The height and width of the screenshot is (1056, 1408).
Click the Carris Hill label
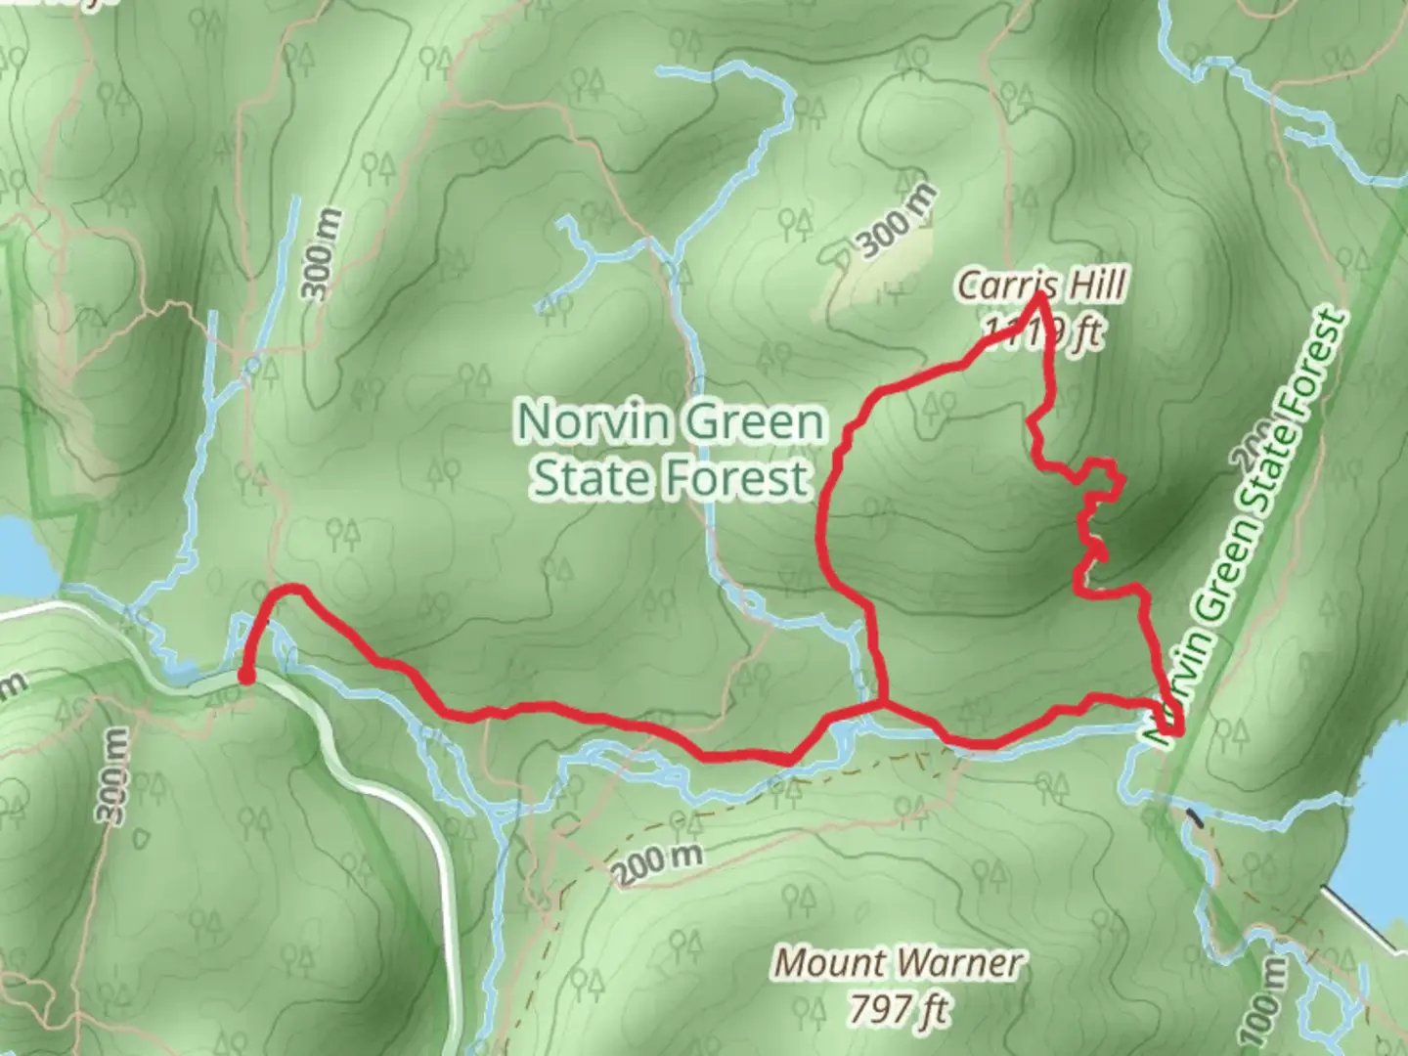pos(1040,286)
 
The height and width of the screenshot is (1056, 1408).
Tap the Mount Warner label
pos(899,963)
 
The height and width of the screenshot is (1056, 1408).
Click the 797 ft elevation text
pos(899,1007)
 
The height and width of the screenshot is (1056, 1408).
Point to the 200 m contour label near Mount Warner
pos(660,862)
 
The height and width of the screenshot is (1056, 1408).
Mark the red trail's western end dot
pos(246,676)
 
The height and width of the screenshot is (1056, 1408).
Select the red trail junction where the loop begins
pos(884,702)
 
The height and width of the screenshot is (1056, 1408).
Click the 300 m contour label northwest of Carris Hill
pos(898,222)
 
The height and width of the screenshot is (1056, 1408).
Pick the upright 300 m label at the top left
pos(323,254)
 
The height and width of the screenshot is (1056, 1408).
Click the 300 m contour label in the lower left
pos(111,776)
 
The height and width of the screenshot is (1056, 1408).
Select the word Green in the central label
pos(753,422)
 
